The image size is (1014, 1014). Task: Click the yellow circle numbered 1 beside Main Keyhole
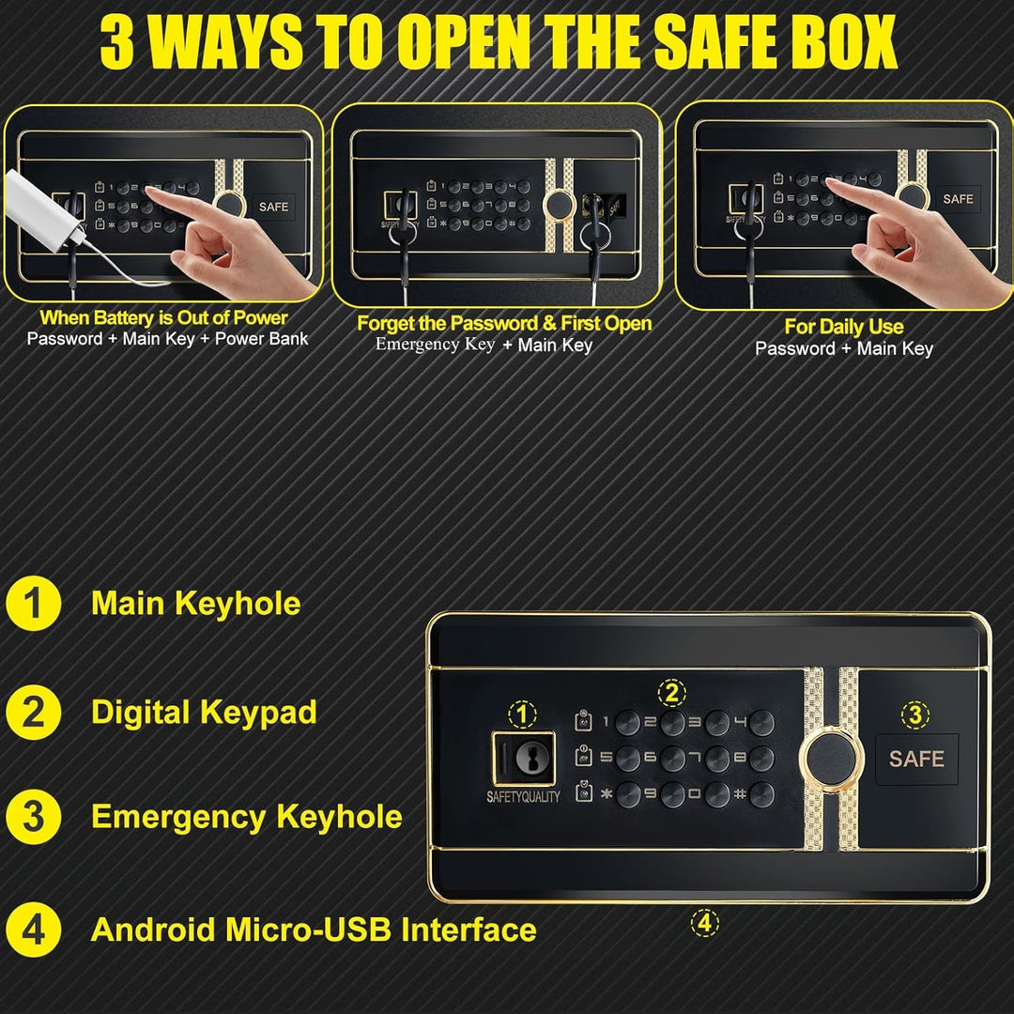[x=33, y=603]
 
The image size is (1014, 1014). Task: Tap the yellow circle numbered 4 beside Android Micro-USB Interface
[x=33, y=929]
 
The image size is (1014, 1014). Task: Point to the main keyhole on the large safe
[x=530, y=756]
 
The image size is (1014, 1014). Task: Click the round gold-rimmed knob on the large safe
[x=832, y=760]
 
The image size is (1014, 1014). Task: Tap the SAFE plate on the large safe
[x=916, y=759]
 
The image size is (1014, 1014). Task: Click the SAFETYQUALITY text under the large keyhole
[x=523, y=797]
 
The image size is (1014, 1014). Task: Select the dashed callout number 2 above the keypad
[x=672, y=693]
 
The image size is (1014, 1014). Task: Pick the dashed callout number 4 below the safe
[x=705, y=923]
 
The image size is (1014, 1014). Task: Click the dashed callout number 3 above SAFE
[x=915, y=715]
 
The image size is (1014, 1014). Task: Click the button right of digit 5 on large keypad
[x=628, y=759]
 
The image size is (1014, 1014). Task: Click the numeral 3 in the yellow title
[x=117, y=42]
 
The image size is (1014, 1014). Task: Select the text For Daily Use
[x=843, y=327]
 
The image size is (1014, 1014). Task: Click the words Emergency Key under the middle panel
[x=435, y=344]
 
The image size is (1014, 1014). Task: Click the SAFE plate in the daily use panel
[x=958, y=199]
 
